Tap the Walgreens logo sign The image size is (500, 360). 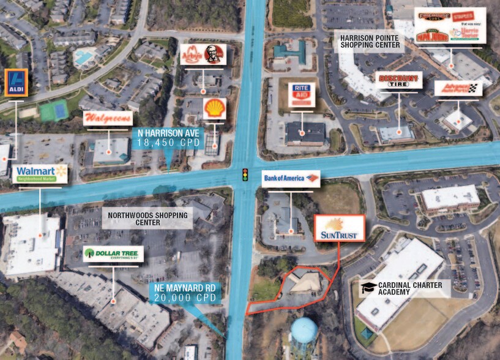108,118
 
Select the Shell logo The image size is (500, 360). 215,108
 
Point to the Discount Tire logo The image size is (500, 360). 399,81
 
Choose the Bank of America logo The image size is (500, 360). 291,179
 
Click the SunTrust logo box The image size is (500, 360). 339,228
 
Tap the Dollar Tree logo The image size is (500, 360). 113,253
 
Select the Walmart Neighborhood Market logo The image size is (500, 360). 40,174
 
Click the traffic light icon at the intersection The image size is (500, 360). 246,175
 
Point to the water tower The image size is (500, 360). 304,334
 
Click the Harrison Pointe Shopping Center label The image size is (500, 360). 370,41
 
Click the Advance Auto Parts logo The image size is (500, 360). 458,88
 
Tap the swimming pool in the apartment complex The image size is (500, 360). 84,58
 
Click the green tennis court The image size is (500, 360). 53,111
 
